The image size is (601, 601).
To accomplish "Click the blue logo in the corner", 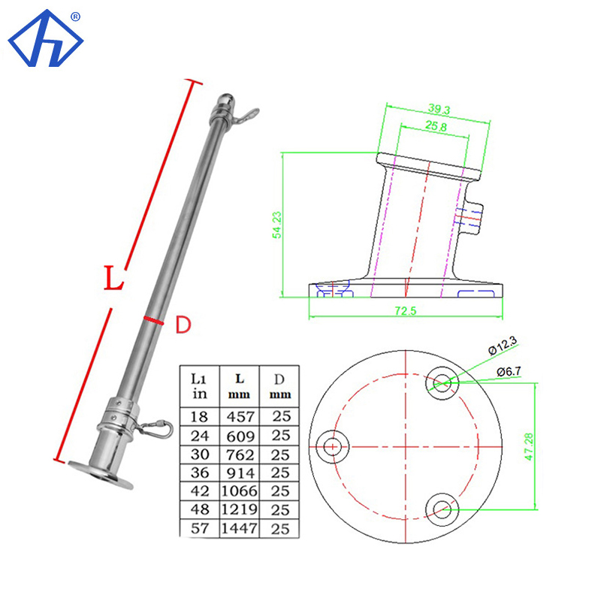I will [x=45, y=39].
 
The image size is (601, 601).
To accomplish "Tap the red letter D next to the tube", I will [x=183, y=325].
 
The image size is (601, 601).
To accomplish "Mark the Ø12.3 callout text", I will [x=502, y=346].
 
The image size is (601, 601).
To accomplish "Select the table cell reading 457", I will [x=238, y=416].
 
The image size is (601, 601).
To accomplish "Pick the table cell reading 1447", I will [x=238, y=528].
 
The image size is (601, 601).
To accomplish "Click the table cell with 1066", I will [x=238, y=491].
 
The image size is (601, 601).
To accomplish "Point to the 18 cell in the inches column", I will [x=200, y=416].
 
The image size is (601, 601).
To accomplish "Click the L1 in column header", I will [x=200, y=384].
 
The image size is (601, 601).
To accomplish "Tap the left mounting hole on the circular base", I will [x=332, y=446].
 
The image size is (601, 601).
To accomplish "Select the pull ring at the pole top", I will [x=246, y=115].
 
